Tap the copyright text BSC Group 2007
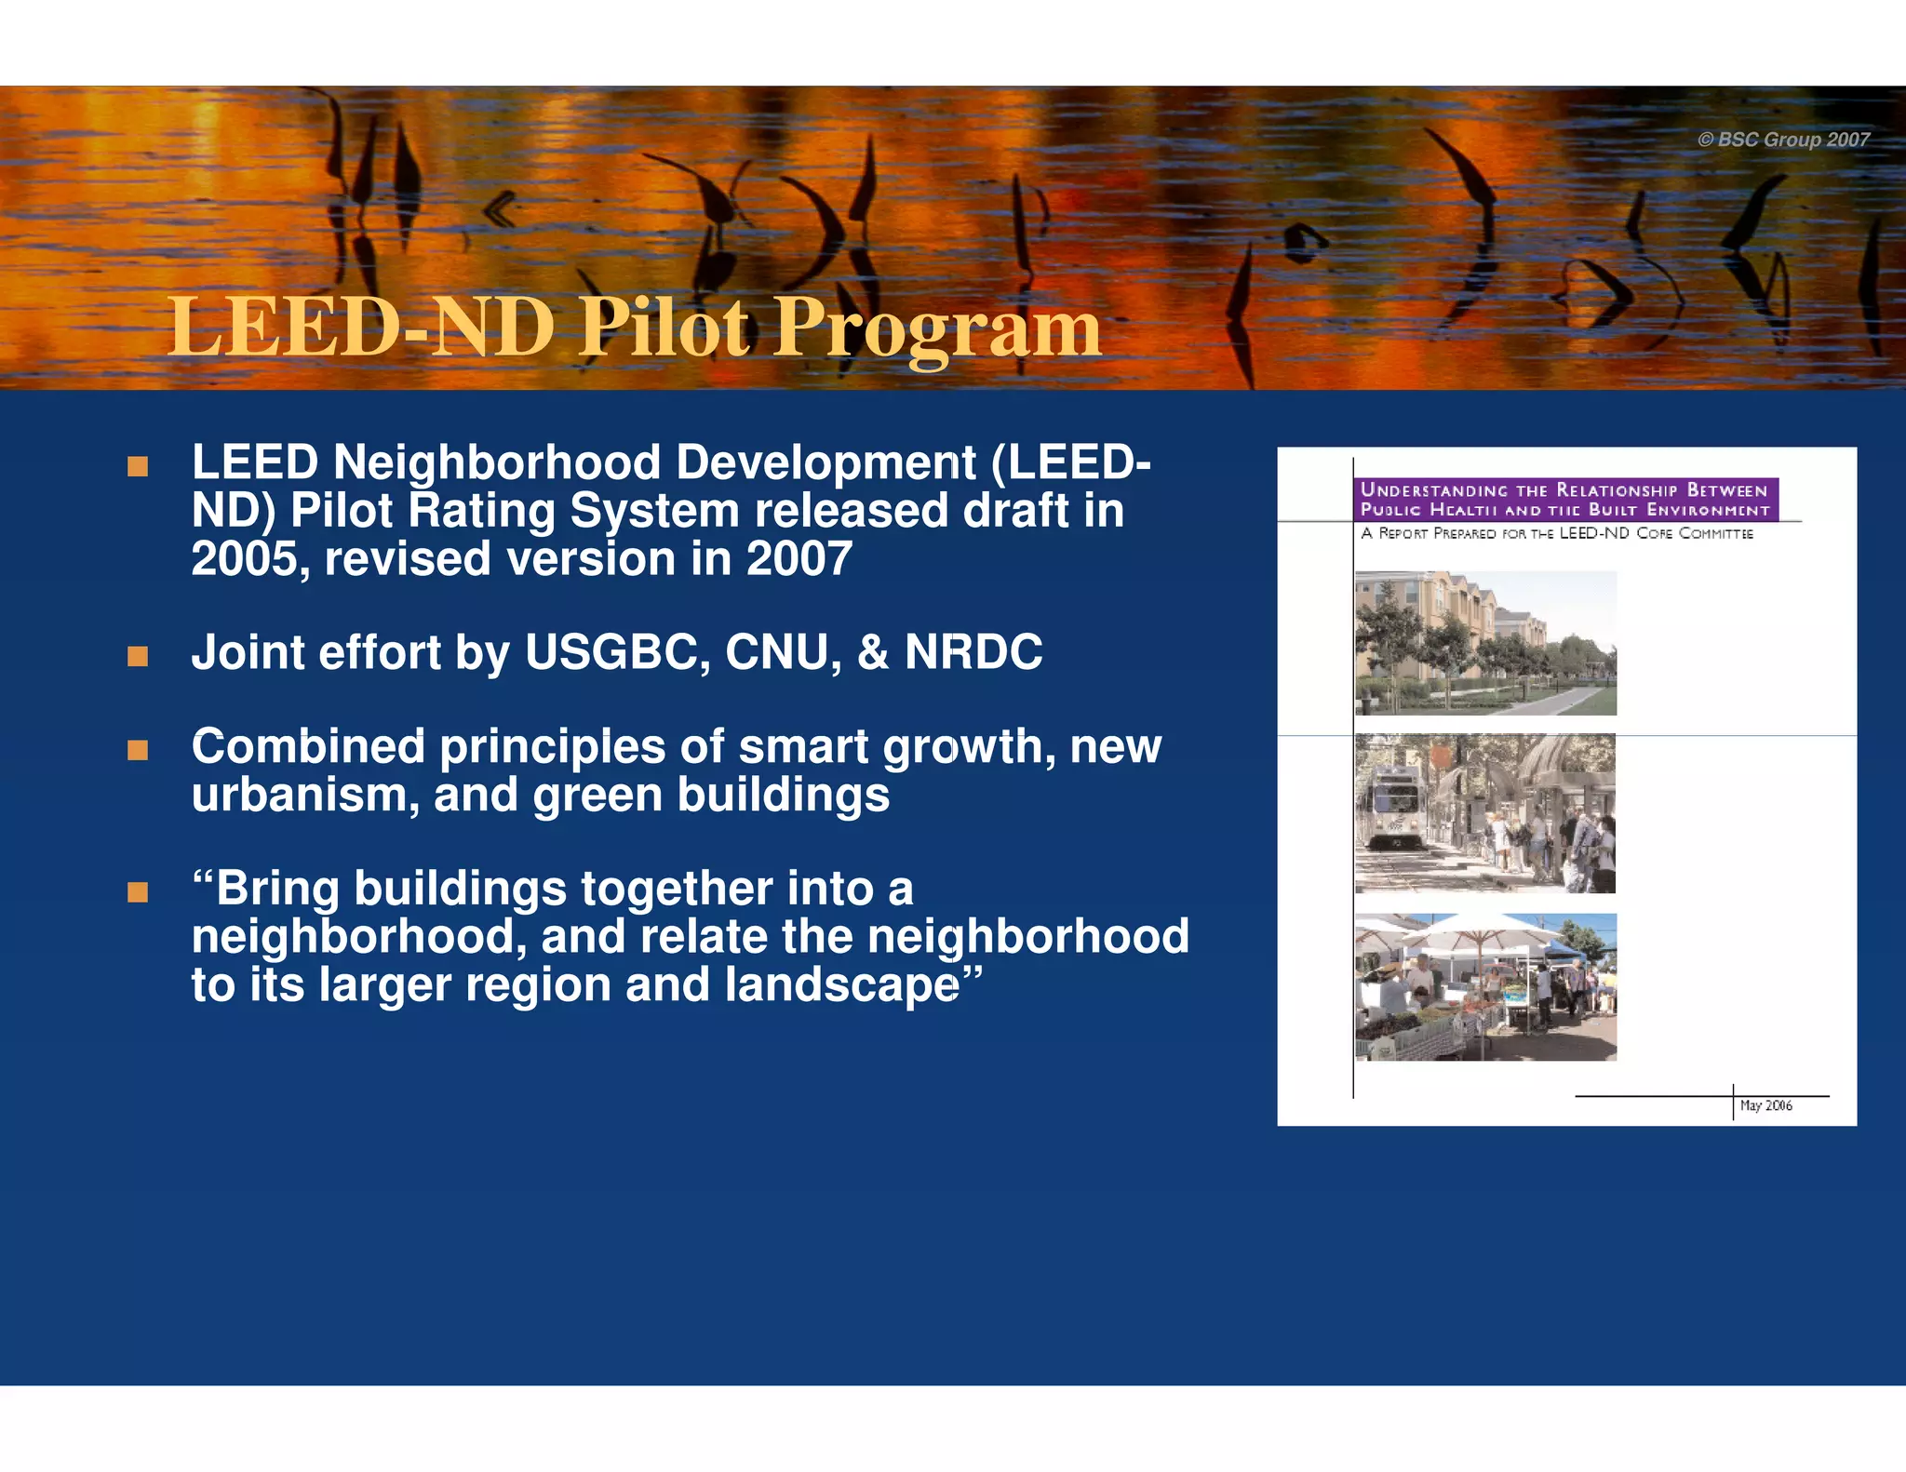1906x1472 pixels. pyautogui.click(x=1783, y=140)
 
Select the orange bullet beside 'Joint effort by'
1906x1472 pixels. pyautogui.click(x=138, y=657)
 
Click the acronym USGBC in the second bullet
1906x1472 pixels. pyautogui.click(x=618, y=652)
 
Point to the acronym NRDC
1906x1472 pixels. pyautogui.click(x=973, y=652)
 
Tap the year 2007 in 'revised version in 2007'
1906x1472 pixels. pyautogui.click(x=799, y=559)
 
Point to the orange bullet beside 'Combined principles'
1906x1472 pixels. pyautogui.click(x=138, y=750)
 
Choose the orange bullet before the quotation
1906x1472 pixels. pyautogui.click(x=138, y=892)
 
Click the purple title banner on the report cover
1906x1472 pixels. pyautogui.click(x=1565, y=500)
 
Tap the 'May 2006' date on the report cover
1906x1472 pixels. pyautogui.click(x=1765, y=1105)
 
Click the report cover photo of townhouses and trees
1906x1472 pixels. pyautogui.click(x=1485, y=643)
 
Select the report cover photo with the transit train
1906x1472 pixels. pyautogui.click(x=1485, y=813)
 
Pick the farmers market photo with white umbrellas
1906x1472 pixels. pyautogui.click(x=1485, y=987)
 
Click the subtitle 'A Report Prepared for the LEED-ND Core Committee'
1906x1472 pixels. pyautogui.click(x=1556, y=534)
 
